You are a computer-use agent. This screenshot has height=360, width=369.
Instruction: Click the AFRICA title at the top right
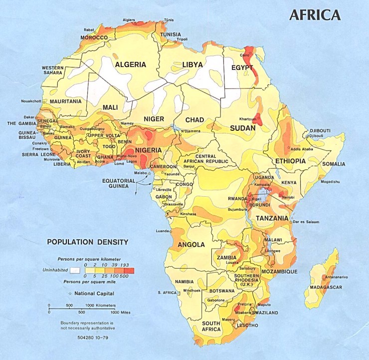[x=315, y=15]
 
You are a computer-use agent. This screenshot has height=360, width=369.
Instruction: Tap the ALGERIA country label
[x=131, y=64]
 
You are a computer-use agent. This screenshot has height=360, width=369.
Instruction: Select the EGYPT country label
[x=243, y=67]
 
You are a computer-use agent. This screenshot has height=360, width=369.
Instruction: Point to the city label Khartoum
[x=247, y=119]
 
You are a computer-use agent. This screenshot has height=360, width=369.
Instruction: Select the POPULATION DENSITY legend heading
[x=88, y=242]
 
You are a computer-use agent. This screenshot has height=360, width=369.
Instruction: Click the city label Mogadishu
[x=331, y=181]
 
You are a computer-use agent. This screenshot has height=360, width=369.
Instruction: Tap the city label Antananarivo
[x=336, y=277]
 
